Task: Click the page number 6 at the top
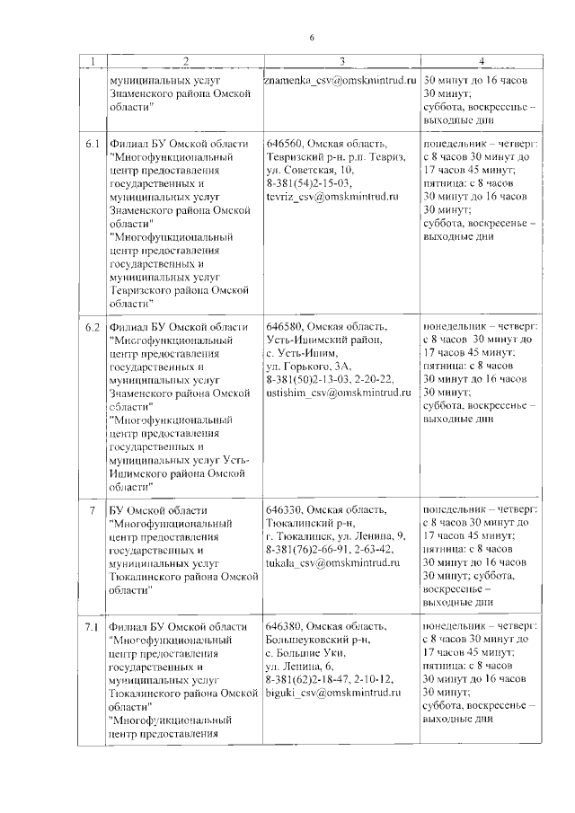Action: (312, 37)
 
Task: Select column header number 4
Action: (481, 61)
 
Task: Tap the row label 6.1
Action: (93, 144)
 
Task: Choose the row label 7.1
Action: (93, 626)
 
